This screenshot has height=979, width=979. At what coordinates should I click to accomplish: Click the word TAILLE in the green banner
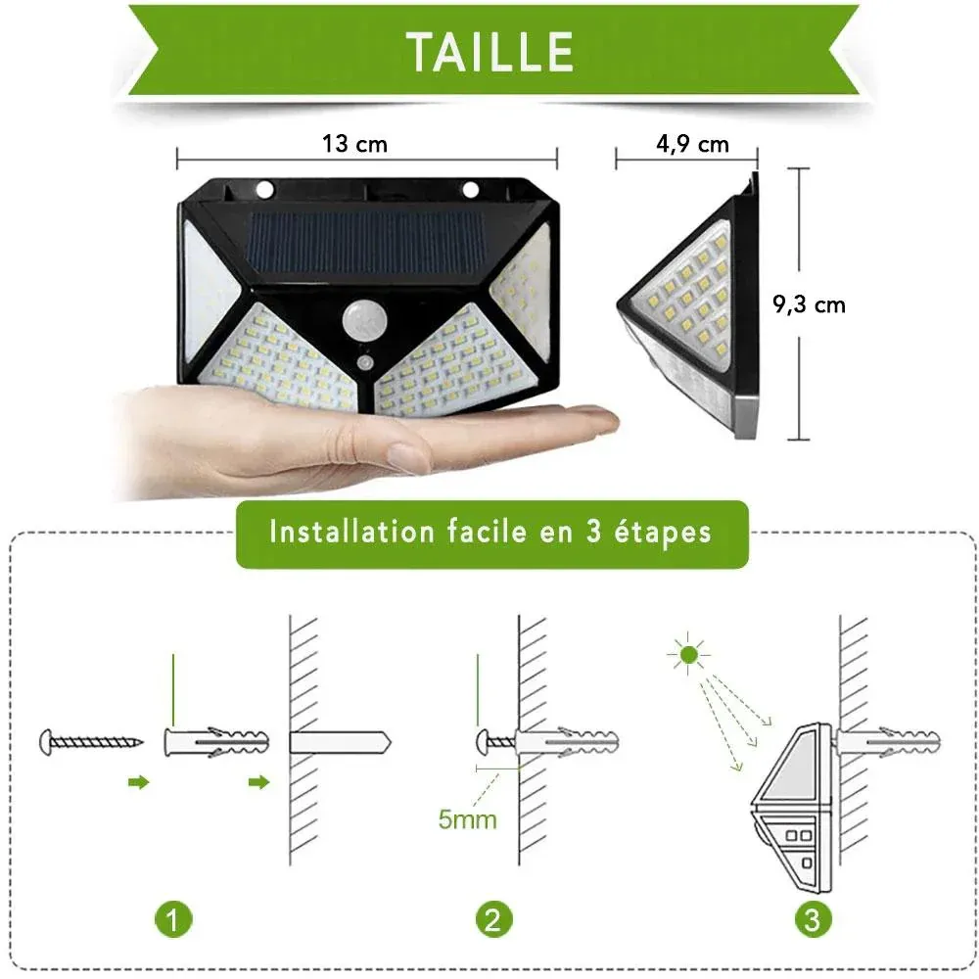(x=490, y=52)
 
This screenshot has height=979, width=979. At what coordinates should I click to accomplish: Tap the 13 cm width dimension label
(x=354, y=144)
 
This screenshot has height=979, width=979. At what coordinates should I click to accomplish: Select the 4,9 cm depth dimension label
(x=692, y=145)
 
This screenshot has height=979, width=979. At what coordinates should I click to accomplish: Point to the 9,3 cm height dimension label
(x=810, y=304)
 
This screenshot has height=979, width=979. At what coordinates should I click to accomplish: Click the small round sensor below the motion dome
(x=365, y=363)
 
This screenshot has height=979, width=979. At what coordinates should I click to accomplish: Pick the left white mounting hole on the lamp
(x=264, y=189)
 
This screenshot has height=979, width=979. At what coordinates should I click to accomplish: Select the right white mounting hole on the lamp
(x=471, y=189)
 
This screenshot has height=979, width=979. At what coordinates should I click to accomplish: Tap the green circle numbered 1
(x=173, y=919)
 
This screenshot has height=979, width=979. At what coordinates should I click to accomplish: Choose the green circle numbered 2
(x=493, y=919)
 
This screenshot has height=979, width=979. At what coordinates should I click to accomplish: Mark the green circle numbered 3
(x=813, y=919)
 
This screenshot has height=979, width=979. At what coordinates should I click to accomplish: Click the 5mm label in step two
(x=468, y=819)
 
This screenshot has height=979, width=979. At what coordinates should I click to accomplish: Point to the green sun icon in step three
(x=688, y=654)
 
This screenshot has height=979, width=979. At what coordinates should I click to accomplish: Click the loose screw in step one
(x=91, y=742)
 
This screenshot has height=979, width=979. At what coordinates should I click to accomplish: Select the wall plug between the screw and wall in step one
(x=216, y=742)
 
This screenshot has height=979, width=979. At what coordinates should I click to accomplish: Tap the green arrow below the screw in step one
(x=139, y=782)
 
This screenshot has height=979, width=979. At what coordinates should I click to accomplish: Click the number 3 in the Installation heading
(x=593, y=532)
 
